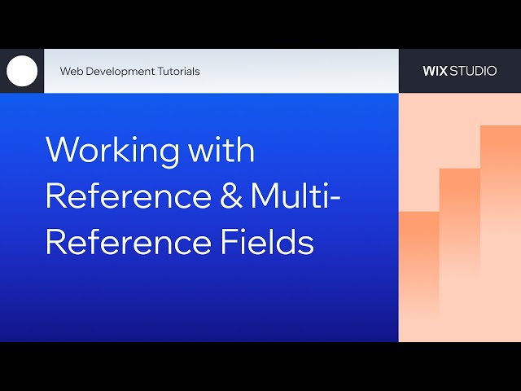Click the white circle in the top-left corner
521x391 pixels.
[x=22, y=71]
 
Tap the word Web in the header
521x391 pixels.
[x=71, y=71]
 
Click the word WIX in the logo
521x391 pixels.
[x=436, y=71]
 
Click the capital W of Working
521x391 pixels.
[x=63, y=151]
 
